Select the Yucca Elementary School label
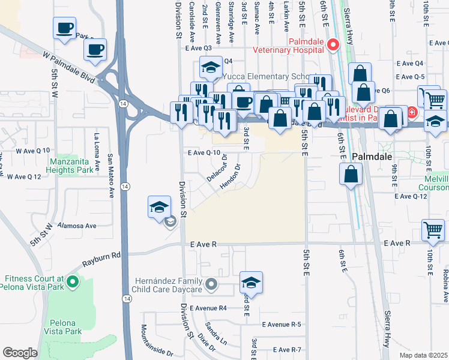[x=267, y=77]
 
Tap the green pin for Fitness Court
[x=73, y=281]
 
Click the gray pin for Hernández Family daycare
[x=211, y=284]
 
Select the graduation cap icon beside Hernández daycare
[x=252, y=283]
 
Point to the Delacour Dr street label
[x=217, y=168]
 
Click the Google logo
[x=20, y=352]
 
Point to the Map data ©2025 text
[x=423, y=355]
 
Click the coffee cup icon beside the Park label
[x=64, y=28]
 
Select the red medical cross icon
[x=412, y=112]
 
